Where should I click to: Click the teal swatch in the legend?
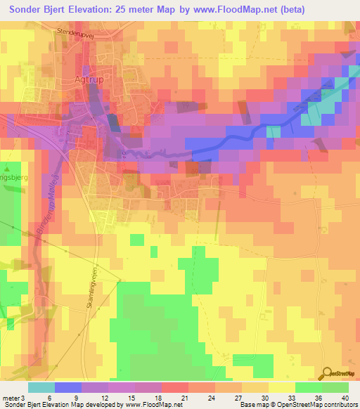(x=41, y=387)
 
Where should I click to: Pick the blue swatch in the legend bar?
(x=68, y=387)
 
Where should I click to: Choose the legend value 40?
(x=345, y=397)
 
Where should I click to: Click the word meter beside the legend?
(x=12, y=397)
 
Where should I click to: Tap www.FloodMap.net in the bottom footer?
(x=150, y=405)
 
